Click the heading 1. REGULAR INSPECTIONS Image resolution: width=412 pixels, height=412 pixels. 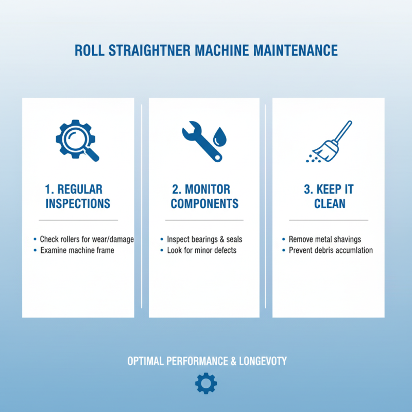pyautogui.click(x=78, y=196)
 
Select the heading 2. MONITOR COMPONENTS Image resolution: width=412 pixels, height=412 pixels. pyautogui.click(x=204, y=196)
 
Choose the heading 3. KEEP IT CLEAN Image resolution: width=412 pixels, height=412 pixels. pyautogui.click(x=329, y=196)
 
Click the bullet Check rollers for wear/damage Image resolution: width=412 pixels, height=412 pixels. pyautogui.click(x=87, y=239)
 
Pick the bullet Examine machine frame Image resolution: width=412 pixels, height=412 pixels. pyautogui.click(x=77, y=250)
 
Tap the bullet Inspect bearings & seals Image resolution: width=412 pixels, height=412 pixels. pyautogui.click(x=204, y=239)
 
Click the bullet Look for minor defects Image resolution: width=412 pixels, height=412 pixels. pyautogui.click(x=201, y=250)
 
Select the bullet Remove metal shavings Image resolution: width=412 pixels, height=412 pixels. pyautogui.click(x=324, y=239)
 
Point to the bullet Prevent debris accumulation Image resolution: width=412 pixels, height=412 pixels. pyautogui.click(x=331, y=250)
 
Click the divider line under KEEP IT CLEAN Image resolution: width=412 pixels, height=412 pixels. pyautogui.click(x=329, y=220)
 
